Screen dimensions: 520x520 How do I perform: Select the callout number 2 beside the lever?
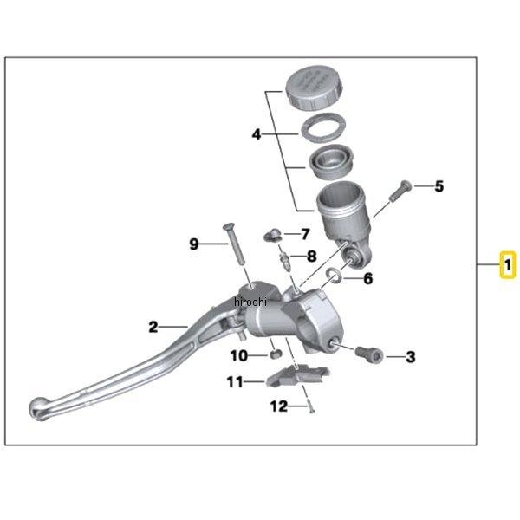click(x=153, y=327)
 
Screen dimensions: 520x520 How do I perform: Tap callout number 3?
click(x=411, y=356)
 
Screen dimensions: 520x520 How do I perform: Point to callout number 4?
click(x=257, y=135)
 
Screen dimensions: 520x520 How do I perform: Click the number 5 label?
click(x=439, y=185)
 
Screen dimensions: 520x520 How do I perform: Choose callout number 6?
click(x=367, y=279)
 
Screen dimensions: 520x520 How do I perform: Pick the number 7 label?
click(x=304, y=234)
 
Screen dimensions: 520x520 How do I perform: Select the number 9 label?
click(x=194, y=244)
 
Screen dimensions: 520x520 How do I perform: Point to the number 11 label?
click(x=235, y=380)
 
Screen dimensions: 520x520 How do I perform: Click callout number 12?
click(x=278, y=406)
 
